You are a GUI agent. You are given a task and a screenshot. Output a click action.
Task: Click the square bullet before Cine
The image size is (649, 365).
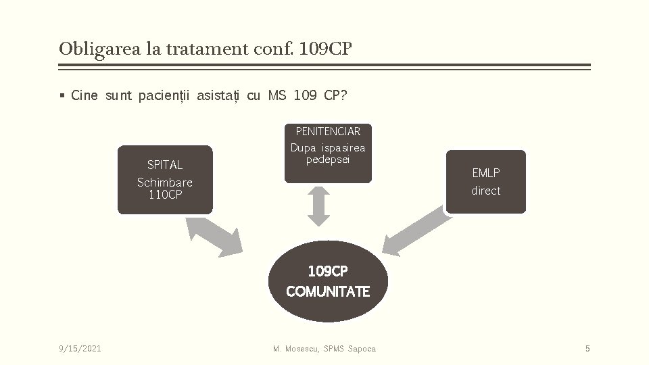(62, 96)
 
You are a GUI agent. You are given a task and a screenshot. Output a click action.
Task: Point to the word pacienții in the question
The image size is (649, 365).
(164, 95)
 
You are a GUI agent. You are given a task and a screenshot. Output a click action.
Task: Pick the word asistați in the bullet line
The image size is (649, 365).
(218, 95)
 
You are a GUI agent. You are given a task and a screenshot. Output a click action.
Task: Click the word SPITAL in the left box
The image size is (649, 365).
(164, 165)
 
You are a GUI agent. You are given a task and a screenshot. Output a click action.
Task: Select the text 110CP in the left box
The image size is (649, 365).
(165, 195)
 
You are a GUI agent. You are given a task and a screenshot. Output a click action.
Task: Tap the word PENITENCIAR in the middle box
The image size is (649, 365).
(328, 131)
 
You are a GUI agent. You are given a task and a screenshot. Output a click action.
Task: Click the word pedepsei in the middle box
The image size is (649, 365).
(328, 160)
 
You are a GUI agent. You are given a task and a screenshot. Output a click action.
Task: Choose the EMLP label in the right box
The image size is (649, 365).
(485, 173)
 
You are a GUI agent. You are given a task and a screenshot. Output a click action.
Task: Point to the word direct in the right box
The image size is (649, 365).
(485, 191)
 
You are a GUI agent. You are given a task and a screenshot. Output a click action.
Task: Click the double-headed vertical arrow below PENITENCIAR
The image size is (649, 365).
(319, 206)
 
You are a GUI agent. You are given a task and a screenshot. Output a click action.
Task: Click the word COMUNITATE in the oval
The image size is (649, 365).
(328, 292)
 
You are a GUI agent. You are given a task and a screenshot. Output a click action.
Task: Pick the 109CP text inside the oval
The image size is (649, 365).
(328, 272)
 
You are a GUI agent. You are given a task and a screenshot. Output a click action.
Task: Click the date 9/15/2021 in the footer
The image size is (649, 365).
(80, 349)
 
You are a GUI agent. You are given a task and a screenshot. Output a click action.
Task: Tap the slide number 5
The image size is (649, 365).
(587, 349)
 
